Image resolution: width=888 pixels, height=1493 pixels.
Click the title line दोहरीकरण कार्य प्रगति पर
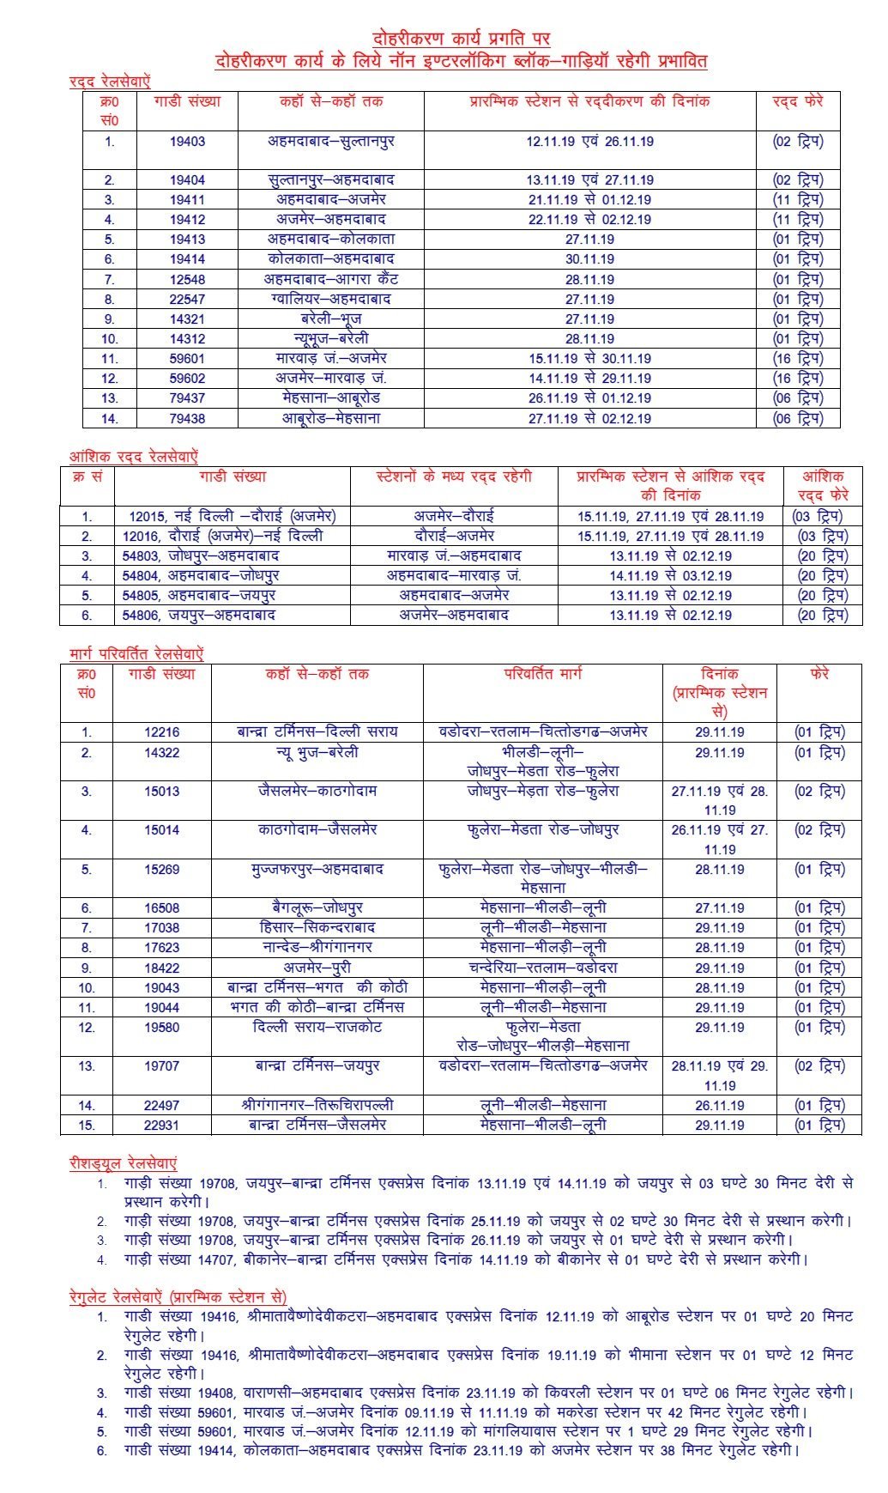click(462, 39)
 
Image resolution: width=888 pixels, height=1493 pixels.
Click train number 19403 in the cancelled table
click(187, 142)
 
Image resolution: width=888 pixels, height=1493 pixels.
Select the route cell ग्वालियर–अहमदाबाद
click(329, 299)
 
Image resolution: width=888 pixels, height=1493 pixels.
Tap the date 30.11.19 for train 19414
click(589, 259)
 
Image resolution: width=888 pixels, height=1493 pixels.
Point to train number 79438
click(187, 419)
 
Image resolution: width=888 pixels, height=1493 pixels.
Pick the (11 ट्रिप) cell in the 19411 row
click(798, 199)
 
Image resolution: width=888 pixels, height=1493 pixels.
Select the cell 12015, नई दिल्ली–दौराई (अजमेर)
click(233, 516)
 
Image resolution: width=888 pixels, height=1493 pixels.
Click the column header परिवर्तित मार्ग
click(542, 674)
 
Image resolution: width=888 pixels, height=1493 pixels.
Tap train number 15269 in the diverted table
click(161, 869)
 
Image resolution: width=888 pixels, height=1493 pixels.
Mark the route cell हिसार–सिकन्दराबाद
click(317, 927)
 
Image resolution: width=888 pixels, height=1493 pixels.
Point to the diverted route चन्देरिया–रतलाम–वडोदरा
click(543, 968)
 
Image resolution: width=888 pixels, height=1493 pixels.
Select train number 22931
click(161, 1125)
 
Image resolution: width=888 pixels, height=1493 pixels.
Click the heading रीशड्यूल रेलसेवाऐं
click(123, 1163)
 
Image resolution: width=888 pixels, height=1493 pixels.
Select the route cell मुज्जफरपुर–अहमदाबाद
click(317, 869)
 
